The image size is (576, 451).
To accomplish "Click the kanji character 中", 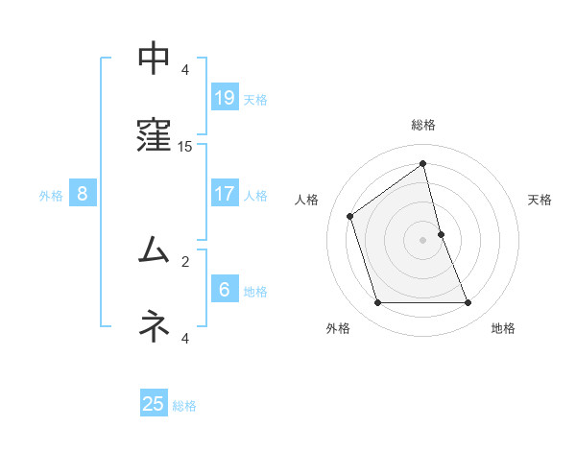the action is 155,59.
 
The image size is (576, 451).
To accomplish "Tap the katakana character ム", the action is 155,250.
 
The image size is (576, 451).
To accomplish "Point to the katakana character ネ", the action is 155,326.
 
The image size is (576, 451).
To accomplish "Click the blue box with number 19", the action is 224,98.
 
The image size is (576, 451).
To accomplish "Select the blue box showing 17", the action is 224,194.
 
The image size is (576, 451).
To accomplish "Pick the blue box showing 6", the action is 224,290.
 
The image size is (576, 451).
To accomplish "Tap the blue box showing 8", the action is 83,194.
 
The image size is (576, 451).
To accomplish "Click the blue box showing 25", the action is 154,404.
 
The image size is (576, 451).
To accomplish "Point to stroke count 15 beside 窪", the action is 185,147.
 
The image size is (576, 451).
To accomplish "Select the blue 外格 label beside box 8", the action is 51,196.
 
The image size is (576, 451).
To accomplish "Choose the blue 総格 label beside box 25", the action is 184,406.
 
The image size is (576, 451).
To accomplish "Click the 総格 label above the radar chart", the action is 423,125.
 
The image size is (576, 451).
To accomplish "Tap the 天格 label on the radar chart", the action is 540,200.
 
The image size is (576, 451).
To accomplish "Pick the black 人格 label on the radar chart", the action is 307,200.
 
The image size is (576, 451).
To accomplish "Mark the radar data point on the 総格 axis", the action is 422,164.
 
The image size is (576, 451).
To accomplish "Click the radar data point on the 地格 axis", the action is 468,303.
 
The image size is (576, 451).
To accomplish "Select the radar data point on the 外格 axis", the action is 377,303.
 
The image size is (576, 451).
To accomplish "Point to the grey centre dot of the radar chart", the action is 423,239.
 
